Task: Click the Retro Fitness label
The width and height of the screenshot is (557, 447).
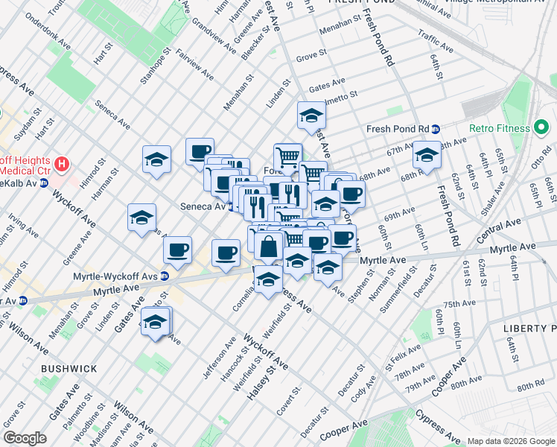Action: (x=500, y=128)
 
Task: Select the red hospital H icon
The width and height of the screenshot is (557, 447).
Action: (x=62, y=163)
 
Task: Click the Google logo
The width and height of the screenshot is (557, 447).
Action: (x=25, y=438)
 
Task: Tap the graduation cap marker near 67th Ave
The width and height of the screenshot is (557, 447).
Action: (x=427, y=156)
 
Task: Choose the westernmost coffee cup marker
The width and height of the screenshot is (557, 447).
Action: (x=177, y=250)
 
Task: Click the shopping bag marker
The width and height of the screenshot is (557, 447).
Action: (x=268, y=244)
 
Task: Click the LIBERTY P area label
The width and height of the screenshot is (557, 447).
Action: (x=529, y=329)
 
